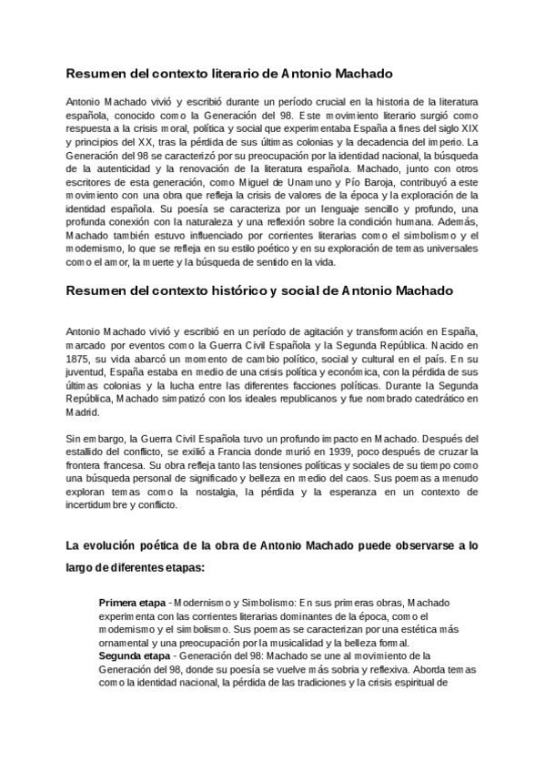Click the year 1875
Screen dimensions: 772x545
(x=83, y=359)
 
